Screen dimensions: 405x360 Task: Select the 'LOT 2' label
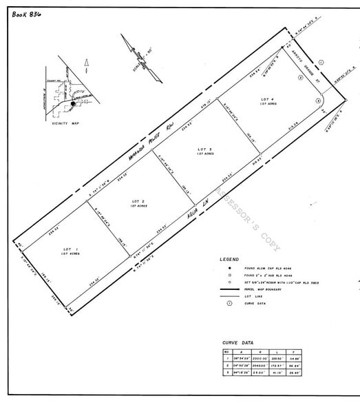pos(138,202)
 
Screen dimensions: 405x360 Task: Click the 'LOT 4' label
pos(268,100)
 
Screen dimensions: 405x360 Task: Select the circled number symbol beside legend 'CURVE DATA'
pos(226,303)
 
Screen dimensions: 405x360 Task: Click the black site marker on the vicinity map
pos(73,103)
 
